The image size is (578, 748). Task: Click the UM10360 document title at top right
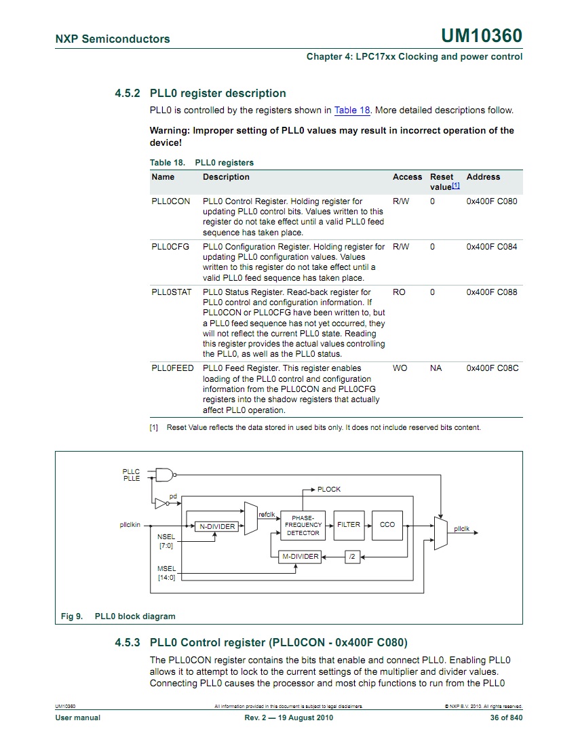(x=482, y=36)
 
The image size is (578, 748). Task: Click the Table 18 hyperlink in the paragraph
(x=352, y=110)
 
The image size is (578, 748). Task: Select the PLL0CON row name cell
(x=171, y=201)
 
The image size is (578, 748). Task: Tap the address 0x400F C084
(x=491, y=247)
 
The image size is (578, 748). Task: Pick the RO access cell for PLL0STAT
(x=399, y=292)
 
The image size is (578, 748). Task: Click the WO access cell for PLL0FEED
(x=400, y=368)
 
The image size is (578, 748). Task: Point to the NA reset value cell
(x=436, y=368)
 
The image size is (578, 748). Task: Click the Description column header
(x=226, y=177)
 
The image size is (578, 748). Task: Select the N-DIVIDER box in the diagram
(x=216, y=527)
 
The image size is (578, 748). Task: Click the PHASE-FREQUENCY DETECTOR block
(x=303, y=526)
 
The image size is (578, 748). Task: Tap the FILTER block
(x=348, y=525)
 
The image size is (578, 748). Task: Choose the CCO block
(x=387, y=525)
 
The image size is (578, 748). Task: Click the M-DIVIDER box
(x=300, y=557)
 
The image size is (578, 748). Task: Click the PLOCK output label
(x=329, y=489)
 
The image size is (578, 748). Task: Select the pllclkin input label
(x=130, y=524)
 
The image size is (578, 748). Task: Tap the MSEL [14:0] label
(x=166, y=573)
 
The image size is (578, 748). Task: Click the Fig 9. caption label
(x=72, y=616)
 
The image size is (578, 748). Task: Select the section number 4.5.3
(x=127, y=642)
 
